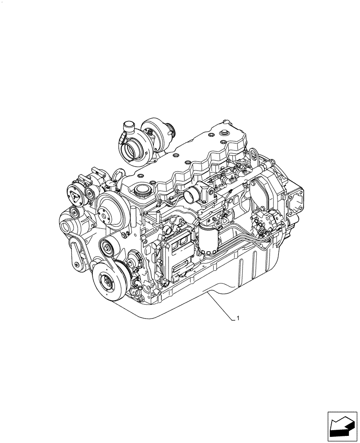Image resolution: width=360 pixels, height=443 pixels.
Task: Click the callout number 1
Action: click(x=239, y=318)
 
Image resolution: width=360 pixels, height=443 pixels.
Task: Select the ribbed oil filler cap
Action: click(x=143, y=192)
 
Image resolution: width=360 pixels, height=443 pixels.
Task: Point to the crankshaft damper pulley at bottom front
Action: click(x=107, y=279)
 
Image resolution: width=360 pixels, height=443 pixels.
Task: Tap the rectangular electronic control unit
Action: click(x=179, y=254)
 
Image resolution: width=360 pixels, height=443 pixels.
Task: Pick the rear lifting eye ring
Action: click(x=255, y=156)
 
